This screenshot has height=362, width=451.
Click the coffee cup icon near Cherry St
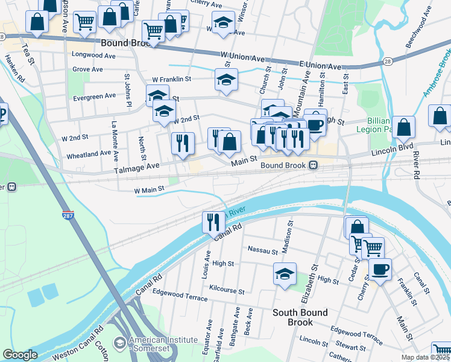pos(379,268)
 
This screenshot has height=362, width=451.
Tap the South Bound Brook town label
pos(300,317)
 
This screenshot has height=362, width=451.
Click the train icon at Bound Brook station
pos(313,165)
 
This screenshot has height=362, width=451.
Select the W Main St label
pos(149,190)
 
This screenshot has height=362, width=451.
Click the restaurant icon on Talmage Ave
pos(182,143)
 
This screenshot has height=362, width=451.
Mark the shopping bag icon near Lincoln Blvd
pos(403,127)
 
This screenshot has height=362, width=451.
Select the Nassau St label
pos(262,249)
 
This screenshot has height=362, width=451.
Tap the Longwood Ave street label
pos(93,55)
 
